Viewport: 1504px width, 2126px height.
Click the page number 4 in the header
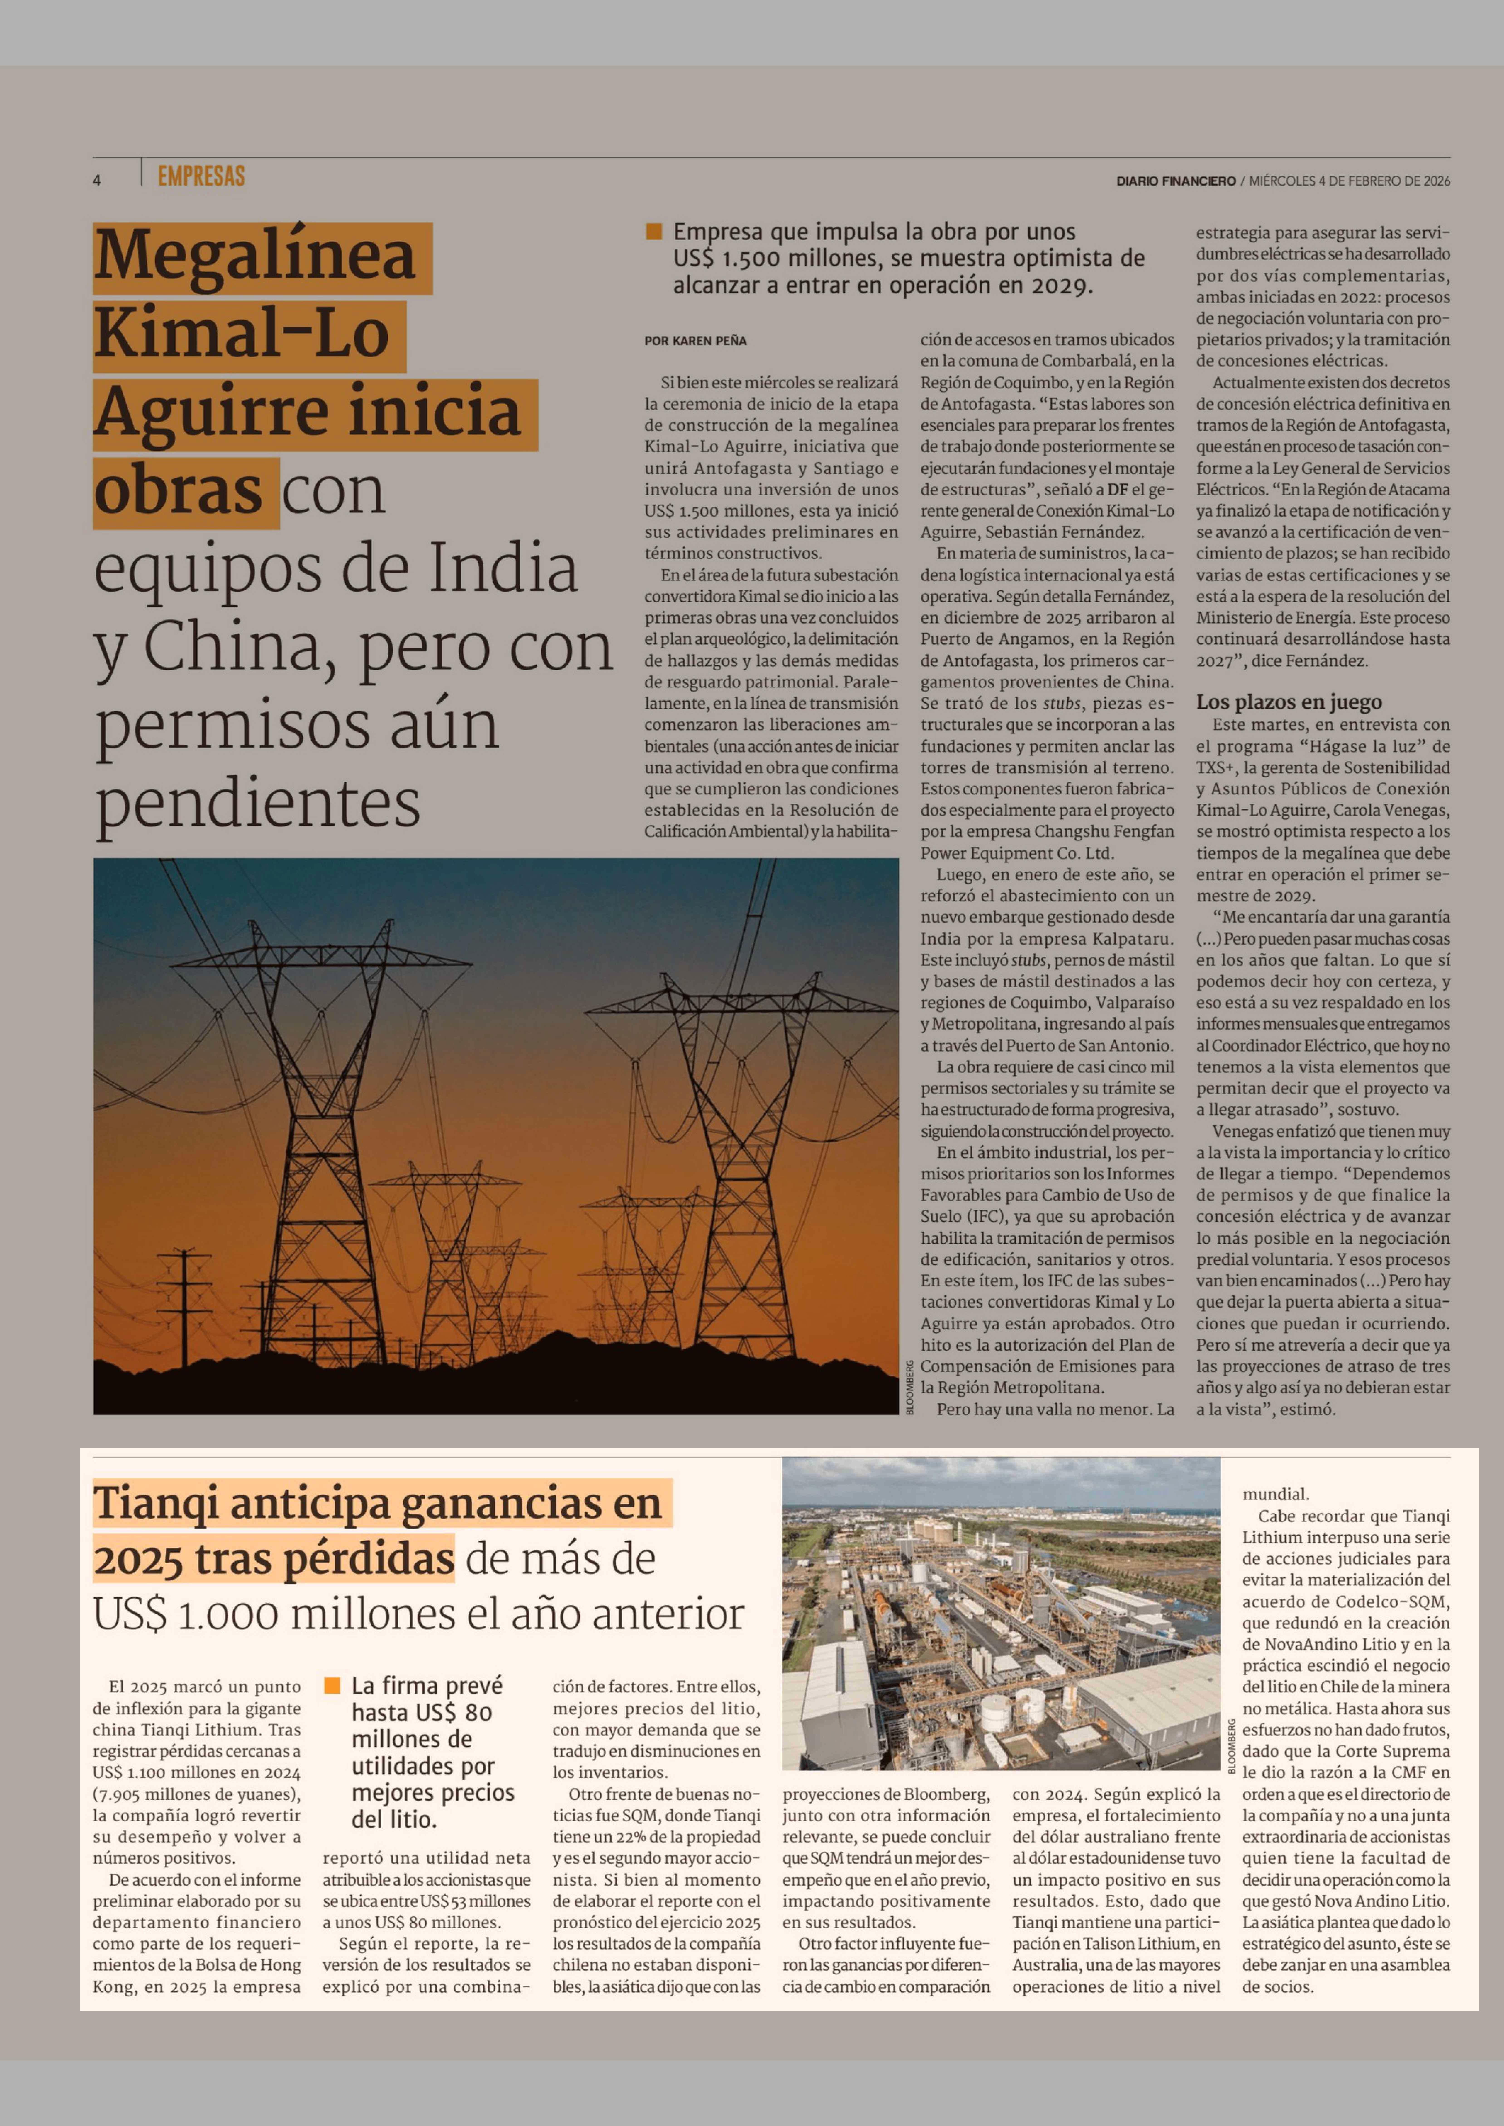coord(96,181)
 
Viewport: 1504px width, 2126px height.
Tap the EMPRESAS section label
coord(201,176)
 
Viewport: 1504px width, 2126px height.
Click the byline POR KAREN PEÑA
coord(695,341)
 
